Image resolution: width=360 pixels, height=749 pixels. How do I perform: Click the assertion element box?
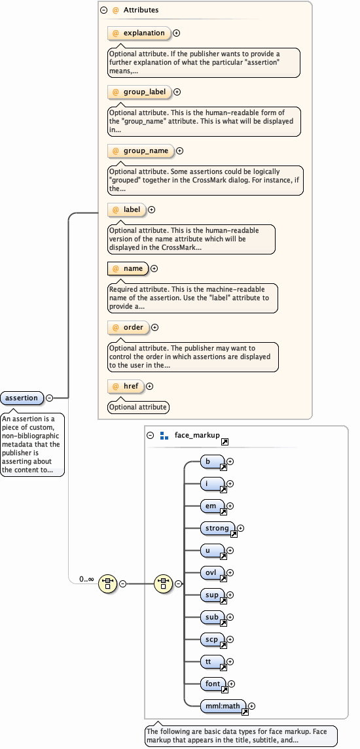tap(22, 398)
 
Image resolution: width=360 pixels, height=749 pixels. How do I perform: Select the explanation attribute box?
tap(139, 33)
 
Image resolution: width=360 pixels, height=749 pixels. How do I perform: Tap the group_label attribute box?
tap(139, 92)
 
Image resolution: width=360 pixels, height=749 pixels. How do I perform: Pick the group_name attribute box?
tap(141, 151)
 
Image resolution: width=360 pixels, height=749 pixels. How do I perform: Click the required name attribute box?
tap(128, 268)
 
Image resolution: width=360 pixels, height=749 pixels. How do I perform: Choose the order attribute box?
tap(128, 328)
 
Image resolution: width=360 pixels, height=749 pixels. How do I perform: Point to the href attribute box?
tap(126, 387)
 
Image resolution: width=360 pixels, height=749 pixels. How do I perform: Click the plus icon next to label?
tap(152, 210)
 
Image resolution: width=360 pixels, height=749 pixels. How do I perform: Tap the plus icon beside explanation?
tap(177, 33)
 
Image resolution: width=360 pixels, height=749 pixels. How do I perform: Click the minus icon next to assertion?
tap(49, 398)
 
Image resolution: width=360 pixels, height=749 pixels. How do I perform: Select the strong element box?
tap(217, 529)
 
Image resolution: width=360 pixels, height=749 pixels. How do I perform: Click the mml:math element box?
tap(223, 706)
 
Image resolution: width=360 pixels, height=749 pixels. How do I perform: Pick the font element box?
tap(213, 684)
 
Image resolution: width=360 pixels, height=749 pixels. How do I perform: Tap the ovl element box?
tap(212, 573)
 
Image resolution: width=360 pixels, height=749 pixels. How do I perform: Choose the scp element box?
tap(212, 640)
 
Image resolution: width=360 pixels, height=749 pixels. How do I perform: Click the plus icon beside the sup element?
tap(230, 595)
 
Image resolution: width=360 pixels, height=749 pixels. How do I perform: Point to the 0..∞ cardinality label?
tap(86, 580)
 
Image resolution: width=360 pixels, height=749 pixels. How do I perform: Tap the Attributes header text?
tap(141, 10)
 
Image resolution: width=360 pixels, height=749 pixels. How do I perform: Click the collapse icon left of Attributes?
tap(103, 10)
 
